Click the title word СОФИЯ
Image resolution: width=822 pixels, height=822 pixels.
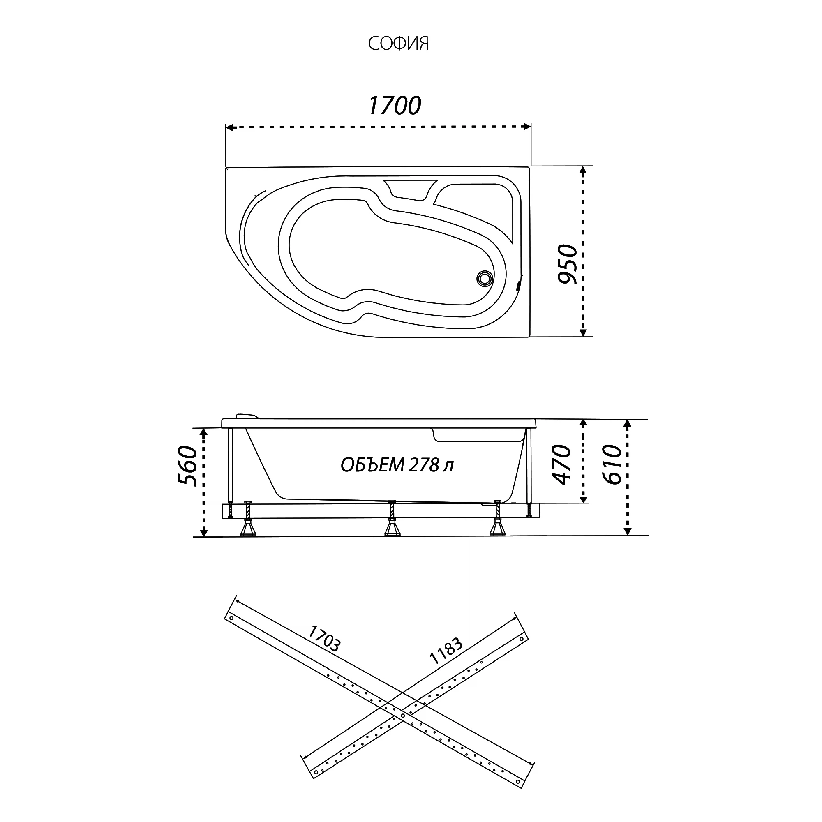click(398, 44)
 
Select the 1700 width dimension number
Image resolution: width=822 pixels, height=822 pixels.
click(395, 106)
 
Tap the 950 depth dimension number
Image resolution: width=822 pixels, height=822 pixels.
click(568, 264)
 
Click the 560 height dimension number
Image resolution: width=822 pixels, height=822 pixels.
click(188, 466)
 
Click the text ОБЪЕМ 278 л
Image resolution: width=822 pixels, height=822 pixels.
click(397, 465)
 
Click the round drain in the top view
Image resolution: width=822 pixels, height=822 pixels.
click(485, 279)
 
